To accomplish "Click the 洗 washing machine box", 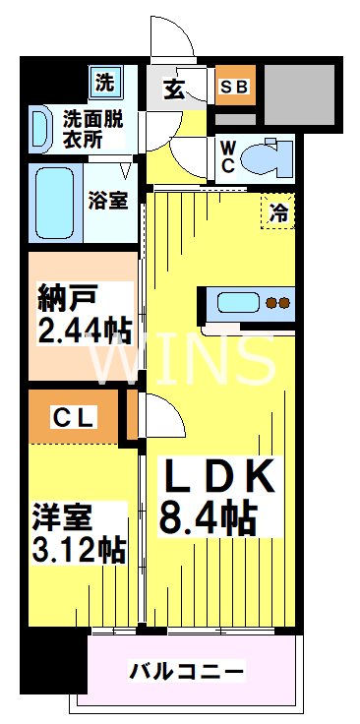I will tap(103, 83).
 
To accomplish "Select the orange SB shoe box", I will tap(235, 87).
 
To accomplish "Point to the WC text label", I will tap(226, 154).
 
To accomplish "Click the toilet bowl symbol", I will tap(263, 155).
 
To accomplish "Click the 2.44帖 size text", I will tap(85, 327).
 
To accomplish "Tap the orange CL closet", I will tap(74, 417).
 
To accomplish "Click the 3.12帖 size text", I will tap(79, 549).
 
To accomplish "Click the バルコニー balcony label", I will tap(187, 672).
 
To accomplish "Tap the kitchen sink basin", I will tap(235, 302).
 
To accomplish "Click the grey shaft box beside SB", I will tap(297, 94).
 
